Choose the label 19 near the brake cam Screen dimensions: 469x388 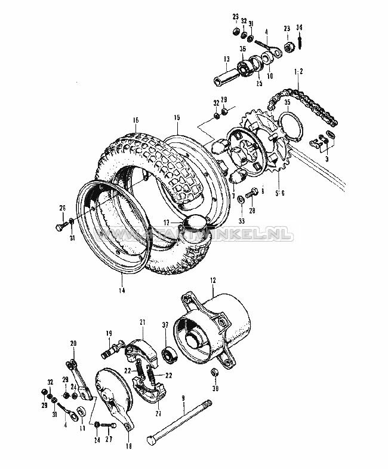click(x=109, y=333)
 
